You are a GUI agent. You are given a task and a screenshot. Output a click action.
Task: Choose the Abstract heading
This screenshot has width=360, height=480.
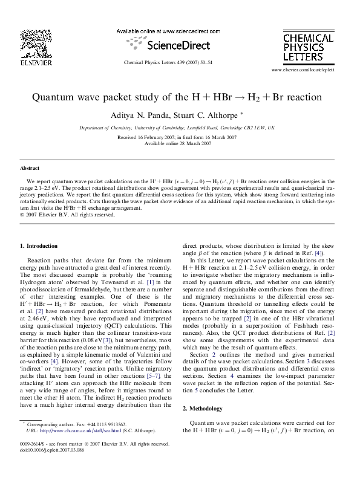pos(30,168)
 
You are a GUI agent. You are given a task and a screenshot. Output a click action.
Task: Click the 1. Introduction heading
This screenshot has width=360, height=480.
pos(39,246)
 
